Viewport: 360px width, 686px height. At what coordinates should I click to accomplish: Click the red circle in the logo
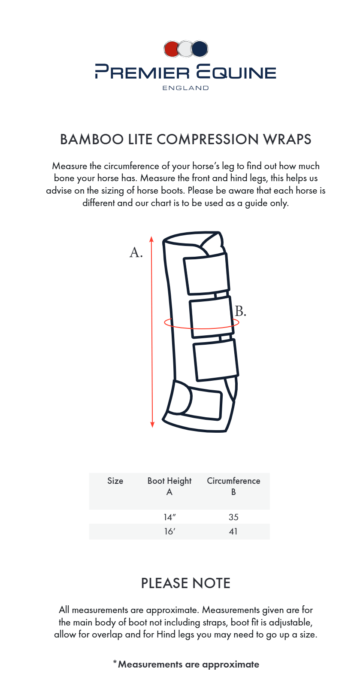171,49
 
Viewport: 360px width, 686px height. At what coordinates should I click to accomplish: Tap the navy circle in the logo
200,49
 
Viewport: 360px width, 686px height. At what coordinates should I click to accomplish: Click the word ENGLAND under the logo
185,88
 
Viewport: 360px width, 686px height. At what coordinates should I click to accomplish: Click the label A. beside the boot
136,252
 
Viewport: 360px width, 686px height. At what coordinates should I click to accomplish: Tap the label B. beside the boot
241,311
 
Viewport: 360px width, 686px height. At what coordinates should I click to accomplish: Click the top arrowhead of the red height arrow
151,238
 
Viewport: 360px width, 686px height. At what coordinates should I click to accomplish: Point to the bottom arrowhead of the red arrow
152,425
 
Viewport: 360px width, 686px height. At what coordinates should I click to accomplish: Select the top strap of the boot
206,275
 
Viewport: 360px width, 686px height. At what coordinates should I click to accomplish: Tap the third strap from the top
216,359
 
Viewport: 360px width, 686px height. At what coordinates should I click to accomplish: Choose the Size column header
115,481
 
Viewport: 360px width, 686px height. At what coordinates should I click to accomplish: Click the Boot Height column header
169,481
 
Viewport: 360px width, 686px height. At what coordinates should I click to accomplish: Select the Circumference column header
233,481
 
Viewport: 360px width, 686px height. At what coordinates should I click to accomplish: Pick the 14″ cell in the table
169,517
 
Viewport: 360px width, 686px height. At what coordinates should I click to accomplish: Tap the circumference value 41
233,531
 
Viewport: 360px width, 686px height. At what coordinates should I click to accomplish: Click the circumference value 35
233,517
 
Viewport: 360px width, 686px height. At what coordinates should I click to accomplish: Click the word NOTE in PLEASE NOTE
211,583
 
